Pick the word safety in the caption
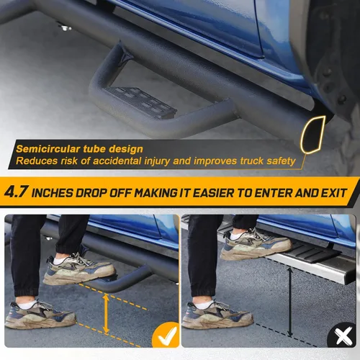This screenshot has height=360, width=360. pyautogui.click(x=278, y=162)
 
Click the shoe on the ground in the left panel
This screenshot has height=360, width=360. pyautogui.click(x=40, y=313)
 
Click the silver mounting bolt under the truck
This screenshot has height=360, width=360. pyautogui.click(x=65, y=28)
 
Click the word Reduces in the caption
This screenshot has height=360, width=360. pyautogui.click(x=35, y=162)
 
